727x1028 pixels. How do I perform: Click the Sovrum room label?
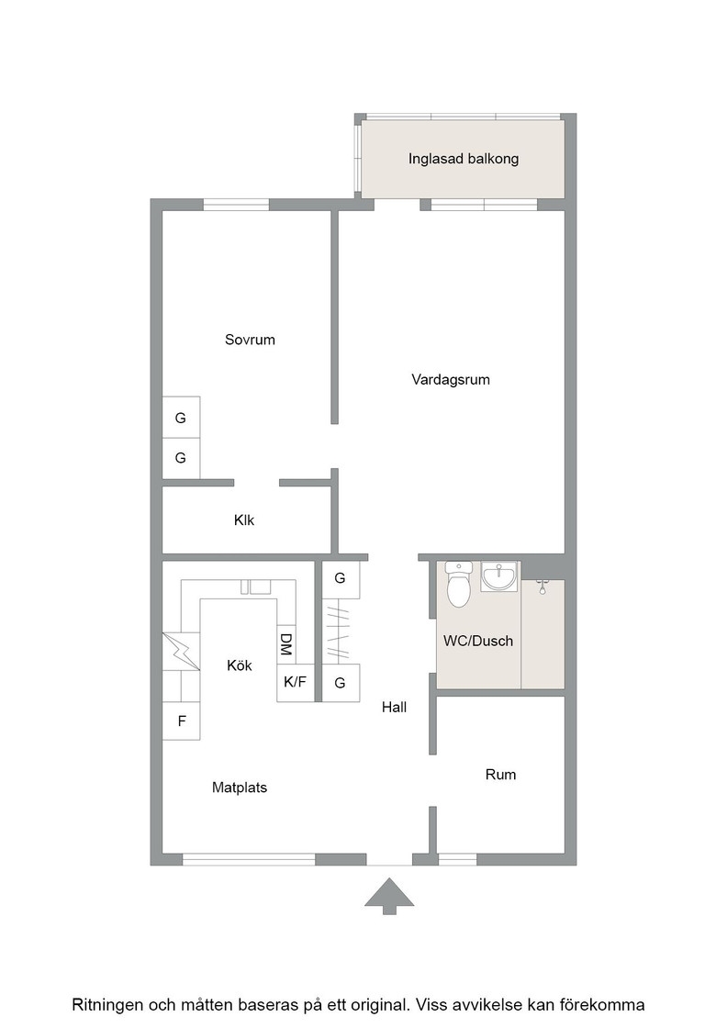pos(250,340)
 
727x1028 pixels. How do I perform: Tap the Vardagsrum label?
pos(451,380)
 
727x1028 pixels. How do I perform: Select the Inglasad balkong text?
pos(464,159)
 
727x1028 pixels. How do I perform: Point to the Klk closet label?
pos(244,520)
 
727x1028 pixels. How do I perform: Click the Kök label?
pos(240,665)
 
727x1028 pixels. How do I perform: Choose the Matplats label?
pos(240,788)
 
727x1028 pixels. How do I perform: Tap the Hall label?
pos(394,707)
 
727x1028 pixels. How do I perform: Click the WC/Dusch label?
pos(478,642)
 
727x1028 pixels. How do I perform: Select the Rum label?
pos(500,775)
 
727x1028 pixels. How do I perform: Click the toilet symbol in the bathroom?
pos(458,584)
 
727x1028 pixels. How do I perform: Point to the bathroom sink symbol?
pos(498,577)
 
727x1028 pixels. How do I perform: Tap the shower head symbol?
pos(542,587)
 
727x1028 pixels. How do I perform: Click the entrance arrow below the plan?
pos(389,896)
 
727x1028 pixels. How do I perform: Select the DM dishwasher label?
pos(285,644)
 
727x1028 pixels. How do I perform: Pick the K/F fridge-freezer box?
pos(295,683)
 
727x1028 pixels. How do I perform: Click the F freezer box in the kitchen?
pos(181,721)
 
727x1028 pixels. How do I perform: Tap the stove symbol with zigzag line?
pos(181,652)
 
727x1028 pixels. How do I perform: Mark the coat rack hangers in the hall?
pos(338,631)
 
